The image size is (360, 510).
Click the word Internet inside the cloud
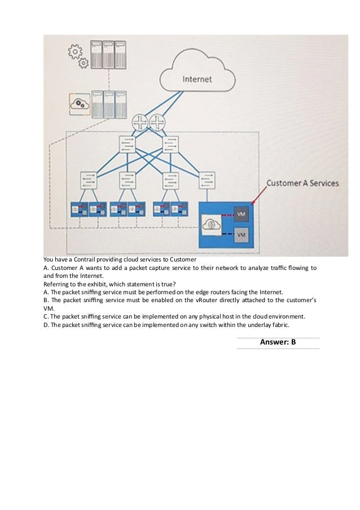(x=197, y=79)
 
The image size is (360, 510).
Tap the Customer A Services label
(x=302, y=183)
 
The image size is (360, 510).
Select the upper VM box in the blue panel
(x=241, y=215)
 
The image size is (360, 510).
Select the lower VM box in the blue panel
(x=241, y=234)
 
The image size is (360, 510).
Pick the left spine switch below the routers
(x=126, y=145)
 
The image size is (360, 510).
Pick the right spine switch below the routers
(x=170, y=145)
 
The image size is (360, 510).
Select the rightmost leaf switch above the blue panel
(x=207, y=180)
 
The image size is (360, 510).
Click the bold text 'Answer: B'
(x=278, y=342)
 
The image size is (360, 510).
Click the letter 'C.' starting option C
(x=46, y=316)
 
